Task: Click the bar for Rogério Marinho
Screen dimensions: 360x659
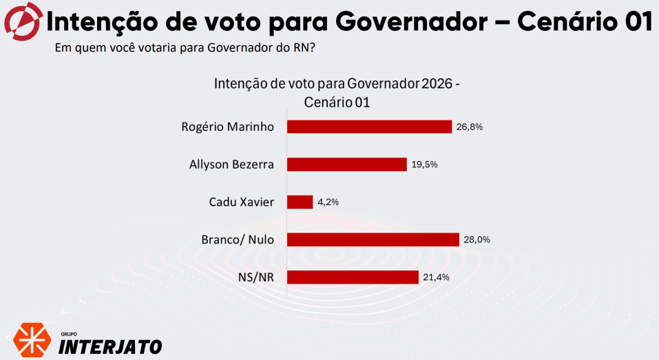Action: (369, 127)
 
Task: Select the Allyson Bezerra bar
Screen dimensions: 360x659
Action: (346, 165)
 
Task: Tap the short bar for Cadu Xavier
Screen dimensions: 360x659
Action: (300, 202)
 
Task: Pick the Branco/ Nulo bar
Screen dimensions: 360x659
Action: (373, 240)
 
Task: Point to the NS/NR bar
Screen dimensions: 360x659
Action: (353, 277)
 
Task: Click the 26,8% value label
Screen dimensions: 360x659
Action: (470, 127)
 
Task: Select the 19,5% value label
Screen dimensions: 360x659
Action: (424, 165)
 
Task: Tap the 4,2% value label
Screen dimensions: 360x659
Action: (328, 202)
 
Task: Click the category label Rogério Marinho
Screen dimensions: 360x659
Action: (227, 127)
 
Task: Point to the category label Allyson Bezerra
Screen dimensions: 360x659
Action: (231, 165)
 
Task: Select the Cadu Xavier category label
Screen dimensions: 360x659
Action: (241, 202)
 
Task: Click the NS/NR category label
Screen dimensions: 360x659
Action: (257, 277)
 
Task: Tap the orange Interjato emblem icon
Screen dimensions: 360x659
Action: (32, 338)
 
